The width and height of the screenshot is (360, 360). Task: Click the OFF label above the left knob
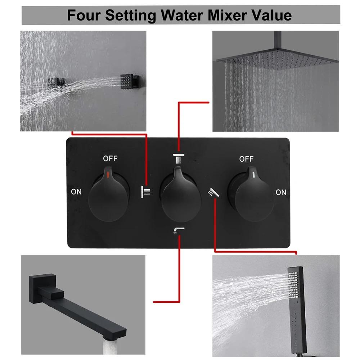click(110, 158)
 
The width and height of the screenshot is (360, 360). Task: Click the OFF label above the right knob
click(246, 158)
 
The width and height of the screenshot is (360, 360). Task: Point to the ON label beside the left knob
click(76, 192)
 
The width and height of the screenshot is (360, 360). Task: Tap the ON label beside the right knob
click(281, 192)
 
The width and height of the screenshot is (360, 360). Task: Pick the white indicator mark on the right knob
click(254, 175)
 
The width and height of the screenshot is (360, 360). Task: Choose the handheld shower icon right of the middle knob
click(213, 193)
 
